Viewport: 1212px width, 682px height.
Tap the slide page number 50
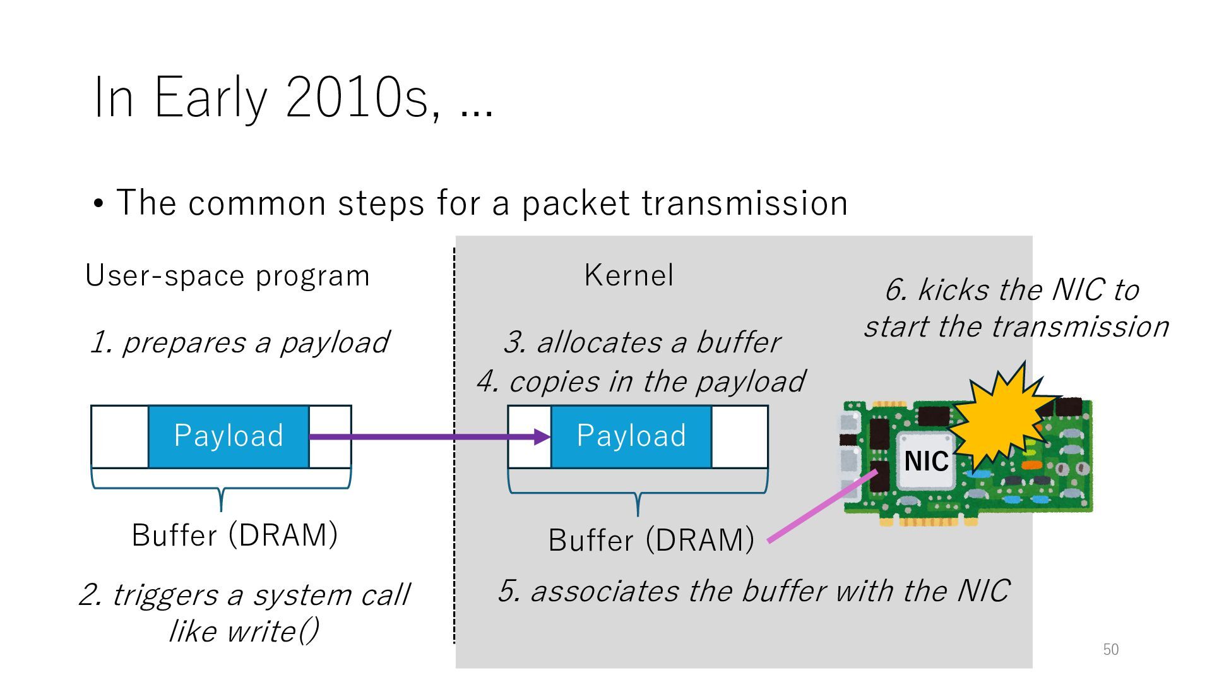click(1110, 649)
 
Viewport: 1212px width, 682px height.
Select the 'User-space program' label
click(227, 276)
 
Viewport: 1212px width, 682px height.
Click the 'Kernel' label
click(629, 275)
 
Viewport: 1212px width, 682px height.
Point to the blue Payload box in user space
click(229, 436)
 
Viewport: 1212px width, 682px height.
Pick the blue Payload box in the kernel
click(631, 436)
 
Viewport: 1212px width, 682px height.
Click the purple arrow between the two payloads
click(429, 436)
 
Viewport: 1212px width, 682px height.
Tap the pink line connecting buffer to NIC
click(821, 506)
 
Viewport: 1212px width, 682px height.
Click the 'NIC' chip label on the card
click(926, 461)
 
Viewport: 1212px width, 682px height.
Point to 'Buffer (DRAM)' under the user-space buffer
click(235, 535)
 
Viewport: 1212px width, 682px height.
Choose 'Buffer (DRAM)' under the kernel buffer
click(651, 540)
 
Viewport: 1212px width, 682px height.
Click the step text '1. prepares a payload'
click(239, 342)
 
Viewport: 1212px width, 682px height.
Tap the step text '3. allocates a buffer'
click(641, 342)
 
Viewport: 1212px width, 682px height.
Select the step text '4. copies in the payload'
click(640, 381)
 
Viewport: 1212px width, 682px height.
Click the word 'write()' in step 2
click(273, 631)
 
